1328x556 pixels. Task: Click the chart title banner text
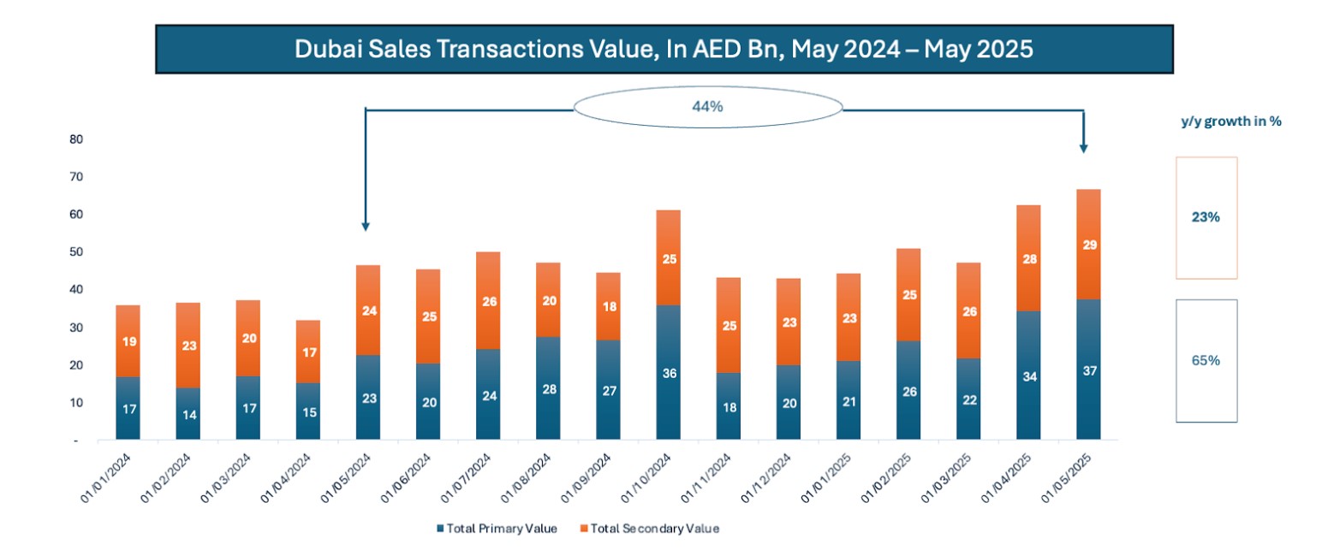[x=664, y=49]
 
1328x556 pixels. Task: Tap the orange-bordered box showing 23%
[x=1206, y=217]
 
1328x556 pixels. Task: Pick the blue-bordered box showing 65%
[x=1206, y=360]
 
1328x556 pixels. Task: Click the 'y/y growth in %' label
[x=1230, y=121]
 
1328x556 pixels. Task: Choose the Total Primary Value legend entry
[x=497, y=529]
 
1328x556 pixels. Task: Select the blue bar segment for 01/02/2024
[x=188, y=414]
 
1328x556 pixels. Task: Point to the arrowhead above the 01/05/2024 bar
[x=366, y=227]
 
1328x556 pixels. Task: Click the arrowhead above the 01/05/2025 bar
[x=1084, y=148]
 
